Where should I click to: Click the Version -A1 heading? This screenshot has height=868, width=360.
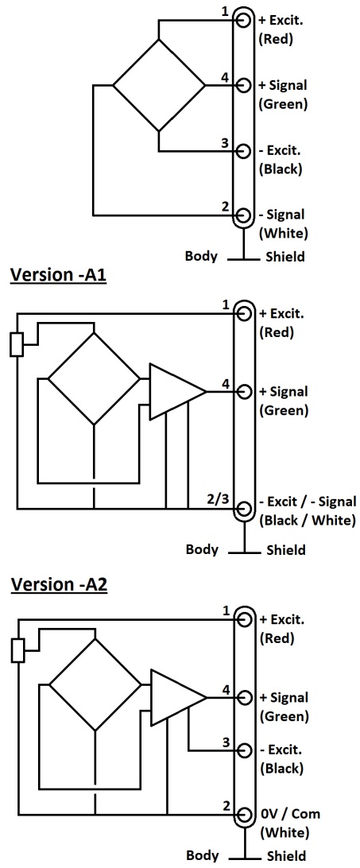click(57, 276)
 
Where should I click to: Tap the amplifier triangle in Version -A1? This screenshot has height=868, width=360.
click(177, 391)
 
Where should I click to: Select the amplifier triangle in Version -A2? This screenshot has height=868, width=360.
click(178, 697)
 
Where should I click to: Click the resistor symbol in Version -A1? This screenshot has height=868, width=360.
click(17, 344)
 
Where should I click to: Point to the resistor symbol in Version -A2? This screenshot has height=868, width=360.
click(18, 650)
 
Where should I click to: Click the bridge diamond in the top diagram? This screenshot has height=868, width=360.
click(158, 85)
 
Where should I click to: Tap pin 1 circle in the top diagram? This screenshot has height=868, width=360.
click(242, 20)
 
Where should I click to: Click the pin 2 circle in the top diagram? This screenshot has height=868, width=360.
click(242, 215)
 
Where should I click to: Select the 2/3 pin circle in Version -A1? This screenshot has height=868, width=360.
click(243, 508)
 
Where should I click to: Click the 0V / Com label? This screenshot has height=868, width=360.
click(290, 814)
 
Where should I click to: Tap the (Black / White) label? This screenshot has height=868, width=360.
click(307, 521)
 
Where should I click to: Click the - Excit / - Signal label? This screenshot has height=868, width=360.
click(308, 502)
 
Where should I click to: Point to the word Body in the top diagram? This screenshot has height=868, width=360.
click(201, 256)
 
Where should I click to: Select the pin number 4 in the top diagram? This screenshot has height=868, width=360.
click(224, 78)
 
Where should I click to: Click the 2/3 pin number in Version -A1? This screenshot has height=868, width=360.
click(216, 498)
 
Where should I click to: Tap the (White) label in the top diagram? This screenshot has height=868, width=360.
click(284, 233)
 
